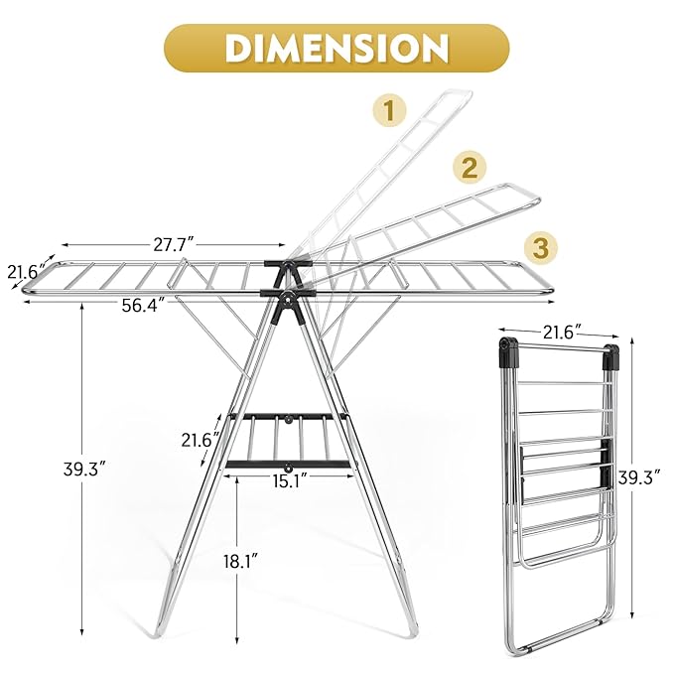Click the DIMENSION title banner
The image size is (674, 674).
tap(337, 47)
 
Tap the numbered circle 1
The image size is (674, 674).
tap(389, 110)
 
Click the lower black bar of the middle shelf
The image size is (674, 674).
tap(288, 465)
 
